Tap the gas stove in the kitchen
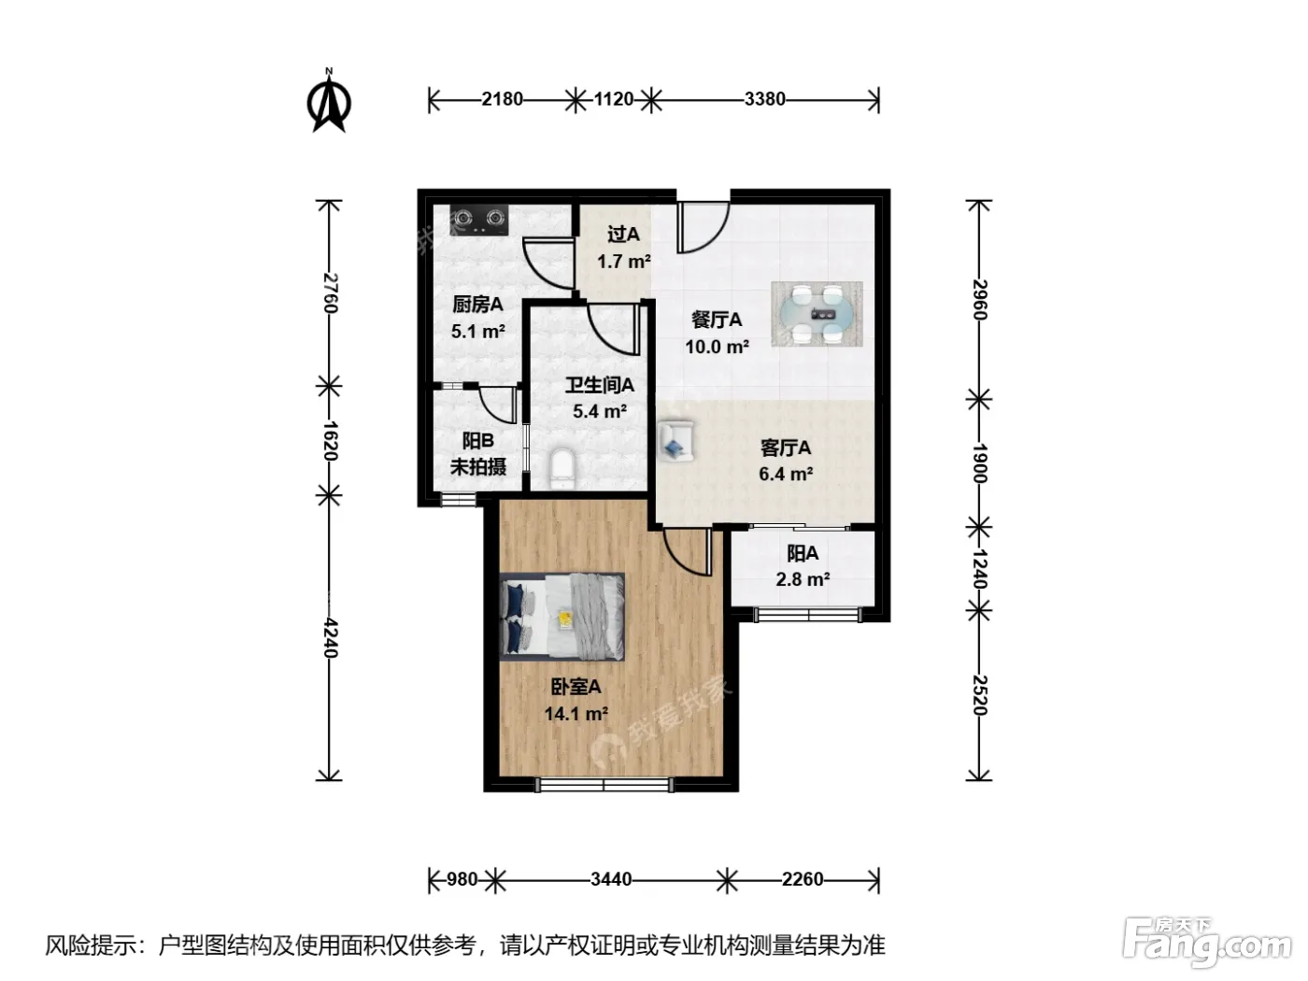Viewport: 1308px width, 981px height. click(x=479, y=220)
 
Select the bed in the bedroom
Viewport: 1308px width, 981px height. click(x=562, y=617)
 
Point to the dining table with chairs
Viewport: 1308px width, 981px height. click(x=817, y=314)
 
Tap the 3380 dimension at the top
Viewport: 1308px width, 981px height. click(x=764, y=99)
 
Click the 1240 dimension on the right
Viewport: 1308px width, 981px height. click(x=979, y=568)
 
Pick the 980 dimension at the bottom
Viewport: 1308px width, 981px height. click(x=462, y=879)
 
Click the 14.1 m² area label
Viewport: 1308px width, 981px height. click(x=576, y=713)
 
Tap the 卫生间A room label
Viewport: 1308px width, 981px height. click(x=600, y=385)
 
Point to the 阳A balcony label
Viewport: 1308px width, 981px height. click(x=802, y=553)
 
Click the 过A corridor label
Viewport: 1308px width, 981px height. click(x=623, y=235)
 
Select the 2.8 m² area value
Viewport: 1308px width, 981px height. click(x=803, y=579)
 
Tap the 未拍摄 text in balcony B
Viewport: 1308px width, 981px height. click(x=478, y=466)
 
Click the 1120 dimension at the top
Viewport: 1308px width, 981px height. click(x=613, y=99)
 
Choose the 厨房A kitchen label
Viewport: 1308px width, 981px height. click(x=477, y=305)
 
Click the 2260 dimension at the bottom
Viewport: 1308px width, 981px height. click(x=802, y=879)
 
